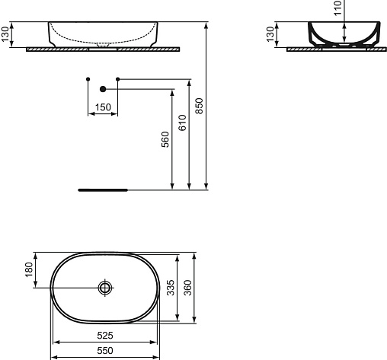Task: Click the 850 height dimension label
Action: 200,106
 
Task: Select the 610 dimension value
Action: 183,123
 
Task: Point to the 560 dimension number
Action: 165,139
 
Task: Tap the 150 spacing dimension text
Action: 103,107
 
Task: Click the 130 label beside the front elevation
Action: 5,34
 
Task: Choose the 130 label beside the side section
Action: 270,34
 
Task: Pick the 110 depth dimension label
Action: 338,8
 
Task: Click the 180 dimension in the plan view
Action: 29,269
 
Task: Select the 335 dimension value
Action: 171,288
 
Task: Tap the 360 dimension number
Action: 188,288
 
